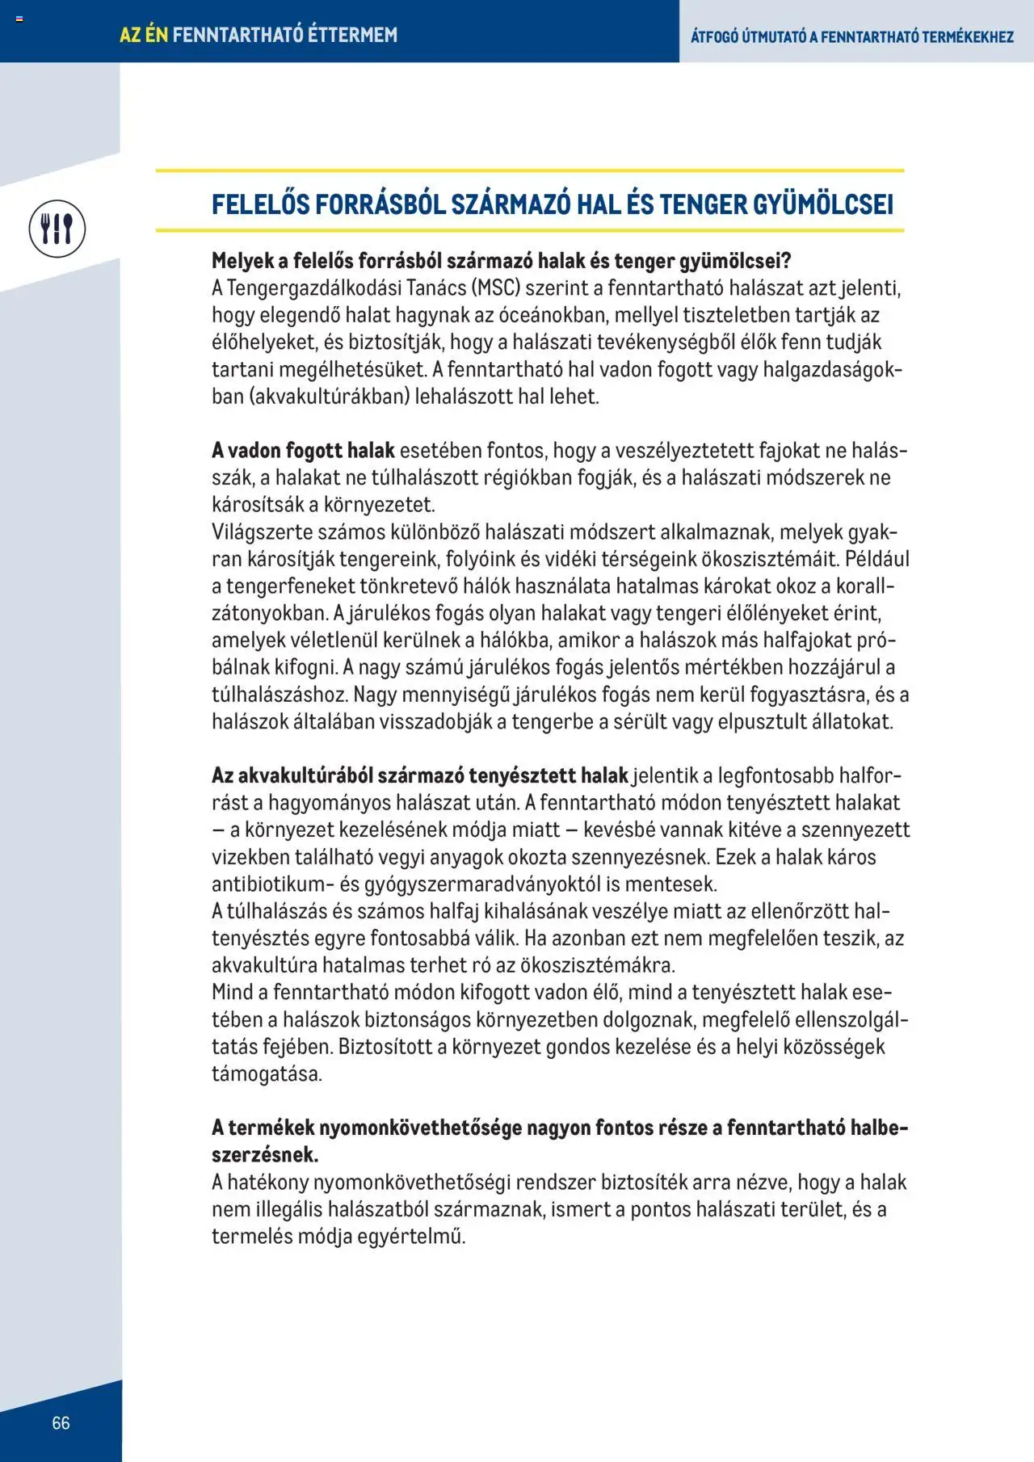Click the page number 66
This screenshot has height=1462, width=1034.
61,1422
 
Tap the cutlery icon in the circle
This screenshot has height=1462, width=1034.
57,229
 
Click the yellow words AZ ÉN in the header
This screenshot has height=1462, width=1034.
144,35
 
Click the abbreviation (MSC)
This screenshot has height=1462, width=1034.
496,288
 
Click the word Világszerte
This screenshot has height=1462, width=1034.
263,532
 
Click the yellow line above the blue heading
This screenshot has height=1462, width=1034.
530,170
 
